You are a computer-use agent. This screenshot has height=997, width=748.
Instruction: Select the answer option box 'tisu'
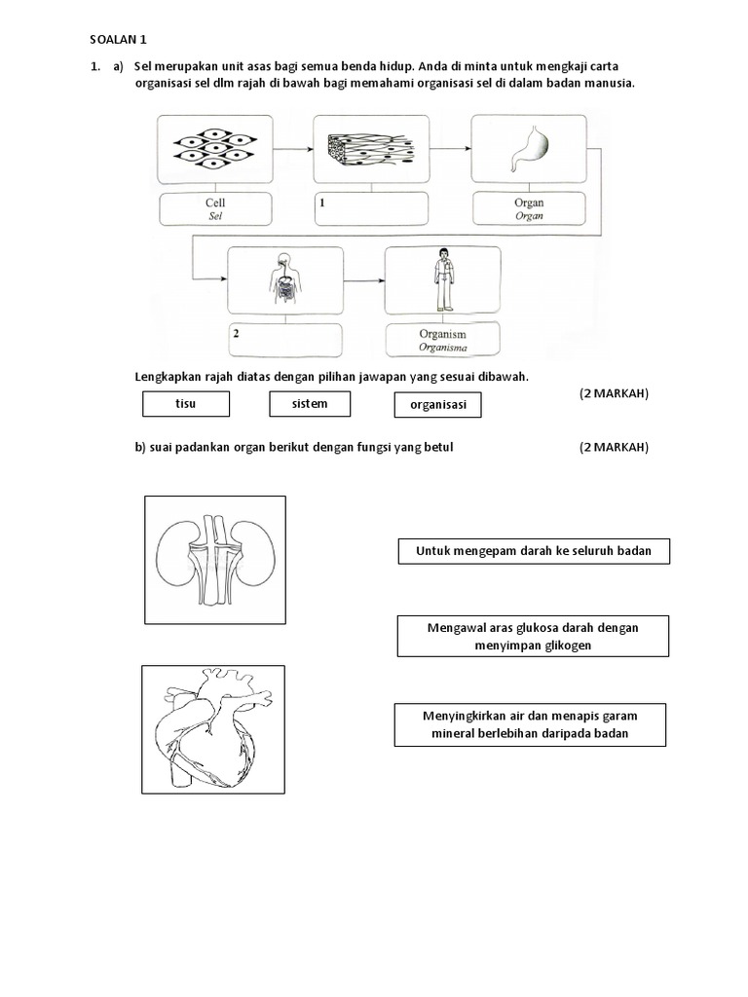click(185, 404)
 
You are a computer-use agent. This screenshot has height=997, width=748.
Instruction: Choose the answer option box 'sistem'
click(310, 404)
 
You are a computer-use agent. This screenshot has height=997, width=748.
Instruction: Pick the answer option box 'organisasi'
click(438, 405)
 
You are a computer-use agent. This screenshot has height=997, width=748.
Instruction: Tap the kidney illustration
click(215, 559)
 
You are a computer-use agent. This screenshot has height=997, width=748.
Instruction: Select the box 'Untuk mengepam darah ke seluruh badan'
click(534, 552)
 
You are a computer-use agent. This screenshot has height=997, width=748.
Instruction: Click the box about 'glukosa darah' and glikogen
click(533, 636)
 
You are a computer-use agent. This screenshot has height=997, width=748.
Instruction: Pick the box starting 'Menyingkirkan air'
click(531, 723)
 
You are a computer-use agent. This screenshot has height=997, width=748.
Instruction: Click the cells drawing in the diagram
click(214, 149)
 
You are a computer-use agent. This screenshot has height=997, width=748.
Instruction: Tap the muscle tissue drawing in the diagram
click(370, 150)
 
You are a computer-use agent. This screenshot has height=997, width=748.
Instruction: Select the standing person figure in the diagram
click(442, 278)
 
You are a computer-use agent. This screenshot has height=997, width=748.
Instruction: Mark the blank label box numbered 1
click(371, 209)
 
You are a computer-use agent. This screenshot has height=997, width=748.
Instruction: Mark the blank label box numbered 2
click(284, 339)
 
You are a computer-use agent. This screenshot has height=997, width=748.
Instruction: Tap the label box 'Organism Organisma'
click(443, 339)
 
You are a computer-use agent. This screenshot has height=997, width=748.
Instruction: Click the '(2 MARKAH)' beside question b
click(614, 447)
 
